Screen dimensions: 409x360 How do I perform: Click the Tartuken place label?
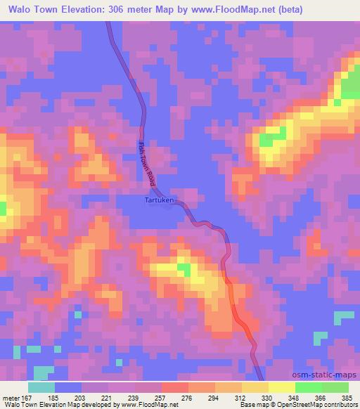click(159, 200)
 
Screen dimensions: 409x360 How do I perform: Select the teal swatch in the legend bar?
click(41, 388)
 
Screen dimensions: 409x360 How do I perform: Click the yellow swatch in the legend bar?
click(281, 388)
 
